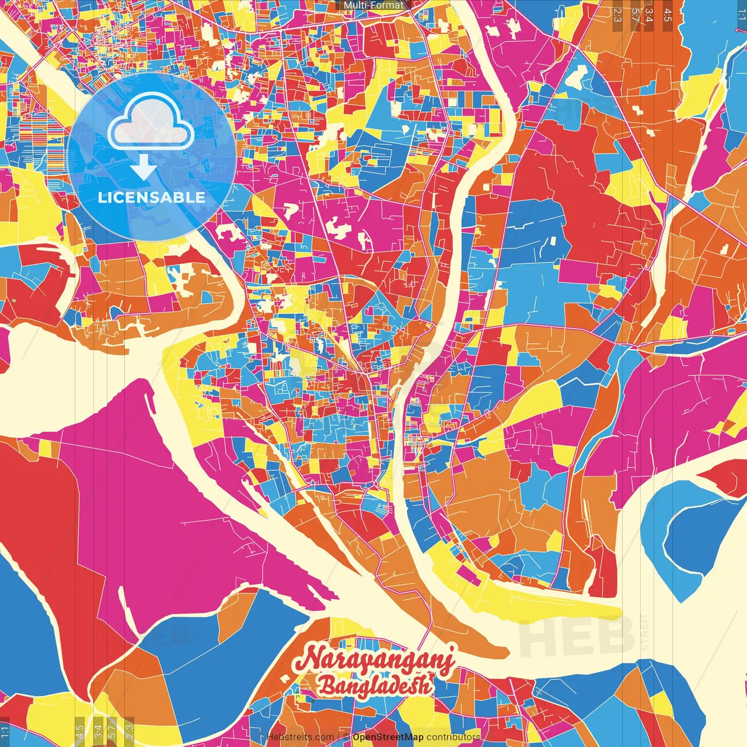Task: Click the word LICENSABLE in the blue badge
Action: [x=152, y=197]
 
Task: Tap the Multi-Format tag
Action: [x=373, y=5]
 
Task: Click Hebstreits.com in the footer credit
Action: [x=300, y=737]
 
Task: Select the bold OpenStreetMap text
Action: [x=388, y=737]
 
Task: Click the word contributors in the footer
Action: [x=453, y=737]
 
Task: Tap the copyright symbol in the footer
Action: [x=346, y=737]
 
